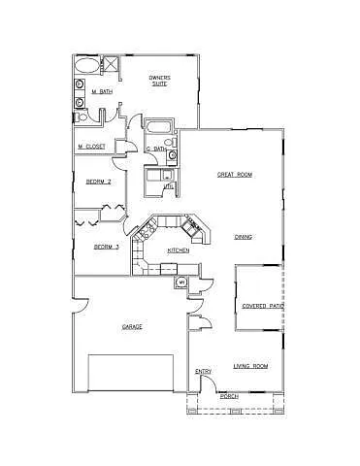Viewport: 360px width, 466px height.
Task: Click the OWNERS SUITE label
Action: tap(160, 80)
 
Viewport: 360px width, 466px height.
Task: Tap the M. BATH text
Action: tap(100, 93)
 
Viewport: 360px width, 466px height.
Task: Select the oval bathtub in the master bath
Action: tap(85, 67)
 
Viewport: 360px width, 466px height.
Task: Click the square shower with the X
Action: tap(111, 66)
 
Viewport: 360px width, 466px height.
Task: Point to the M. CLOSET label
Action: tap(91, 147)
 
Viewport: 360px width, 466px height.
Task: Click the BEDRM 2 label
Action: tap(98, 182)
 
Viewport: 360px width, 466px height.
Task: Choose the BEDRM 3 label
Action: tap(106, 247)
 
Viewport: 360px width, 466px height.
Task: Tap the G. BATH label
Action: tap(155, 149)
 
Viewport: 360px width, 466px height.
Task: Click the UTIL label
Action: tap(167, 185)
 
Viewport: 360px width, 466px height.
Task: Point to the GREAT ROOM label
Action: tap(234, 175)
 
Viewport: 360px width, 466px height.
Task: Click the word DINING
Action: tap(244, 237)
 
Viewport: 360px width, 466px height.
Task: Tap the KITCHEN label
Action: tap(178, 250)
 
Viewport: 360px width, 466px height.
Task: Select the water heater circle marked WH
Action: tap(181, 283)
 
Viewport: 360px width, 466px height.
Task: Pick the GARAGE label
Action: tap(132, 326)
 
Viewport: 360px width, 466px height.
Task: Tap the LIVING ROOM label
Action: tap(250, 366)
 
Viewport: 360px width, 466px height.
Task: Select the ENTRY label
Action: tap(204, 372)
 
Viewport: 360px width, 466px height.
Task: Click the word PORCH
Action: tap(229, 396)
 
